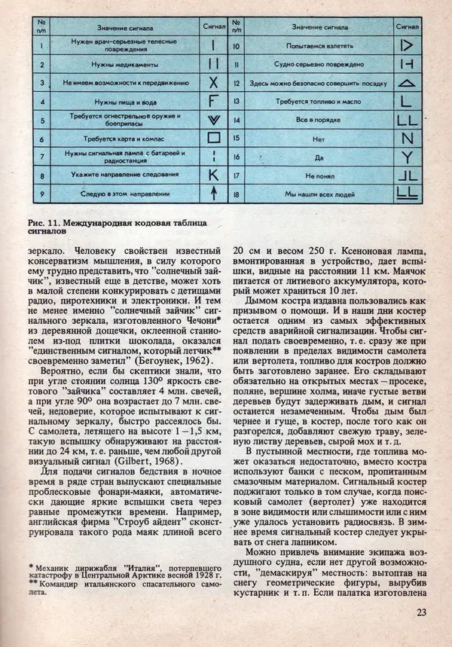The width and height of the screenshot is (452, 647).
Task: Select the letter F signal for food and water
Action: point(213,101)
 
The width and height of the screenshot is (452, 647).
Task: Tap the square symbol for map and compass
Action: point(213,139)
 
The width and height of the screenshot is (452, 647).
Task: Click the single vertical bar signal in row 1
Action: point(213,44)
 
